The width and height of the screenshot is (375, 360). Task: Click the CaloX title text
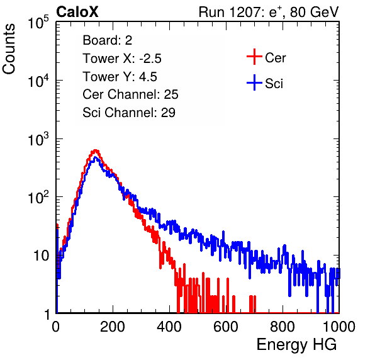click(x=77, y=12)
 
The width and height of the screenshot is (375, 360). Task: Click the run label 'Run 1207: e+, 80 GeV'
click(x=269, y=12)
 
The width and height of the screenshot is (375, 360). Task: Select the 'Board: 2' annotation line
click(x=108, y=40)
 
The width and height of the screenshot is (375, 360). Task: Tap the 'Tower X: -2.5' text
click(x=122, y=59)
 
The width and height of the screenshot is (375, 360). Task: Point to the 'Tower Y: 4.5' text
click(x=120, y=77)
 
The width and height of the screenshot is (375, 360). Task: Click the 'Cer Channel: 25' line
click(x=130, y=94)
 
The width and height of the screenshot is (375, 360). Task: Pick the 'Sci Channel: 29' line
click(x=129, y=113)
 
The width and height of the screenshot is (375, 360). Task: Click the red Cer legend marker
click(x=254, y=57)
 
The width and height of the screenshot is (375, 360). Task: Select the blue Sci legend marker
click(x=254, y=82)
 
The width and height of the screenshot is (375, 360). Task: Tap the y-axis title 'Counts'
click(x=9, y=48)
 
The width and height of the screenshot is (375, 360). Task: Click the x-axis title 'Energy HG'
click(x=296, y=345)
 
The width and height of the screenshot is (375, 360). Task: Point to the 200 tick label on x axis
click(x=113, y=327)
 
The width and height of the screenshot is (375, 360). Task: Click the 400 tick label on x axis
click(x=169, y=327)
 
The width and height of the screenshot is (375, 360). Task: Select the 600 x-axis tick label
click(x=226, y=327)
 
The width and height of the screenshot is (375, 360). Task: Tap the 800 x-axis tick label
click(x=283, y=327)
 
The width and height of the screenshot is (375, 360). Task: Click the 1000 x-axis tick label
click(x=339, y=327)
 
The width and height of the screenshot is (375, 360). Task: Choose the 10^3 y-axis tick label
click(x=38, y=139)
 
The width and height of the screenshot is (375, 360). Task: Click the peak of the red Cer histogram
click(x=96, y=150)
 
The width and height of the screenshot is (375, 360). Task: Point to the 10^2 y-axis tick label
click(x=38, y=198)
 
